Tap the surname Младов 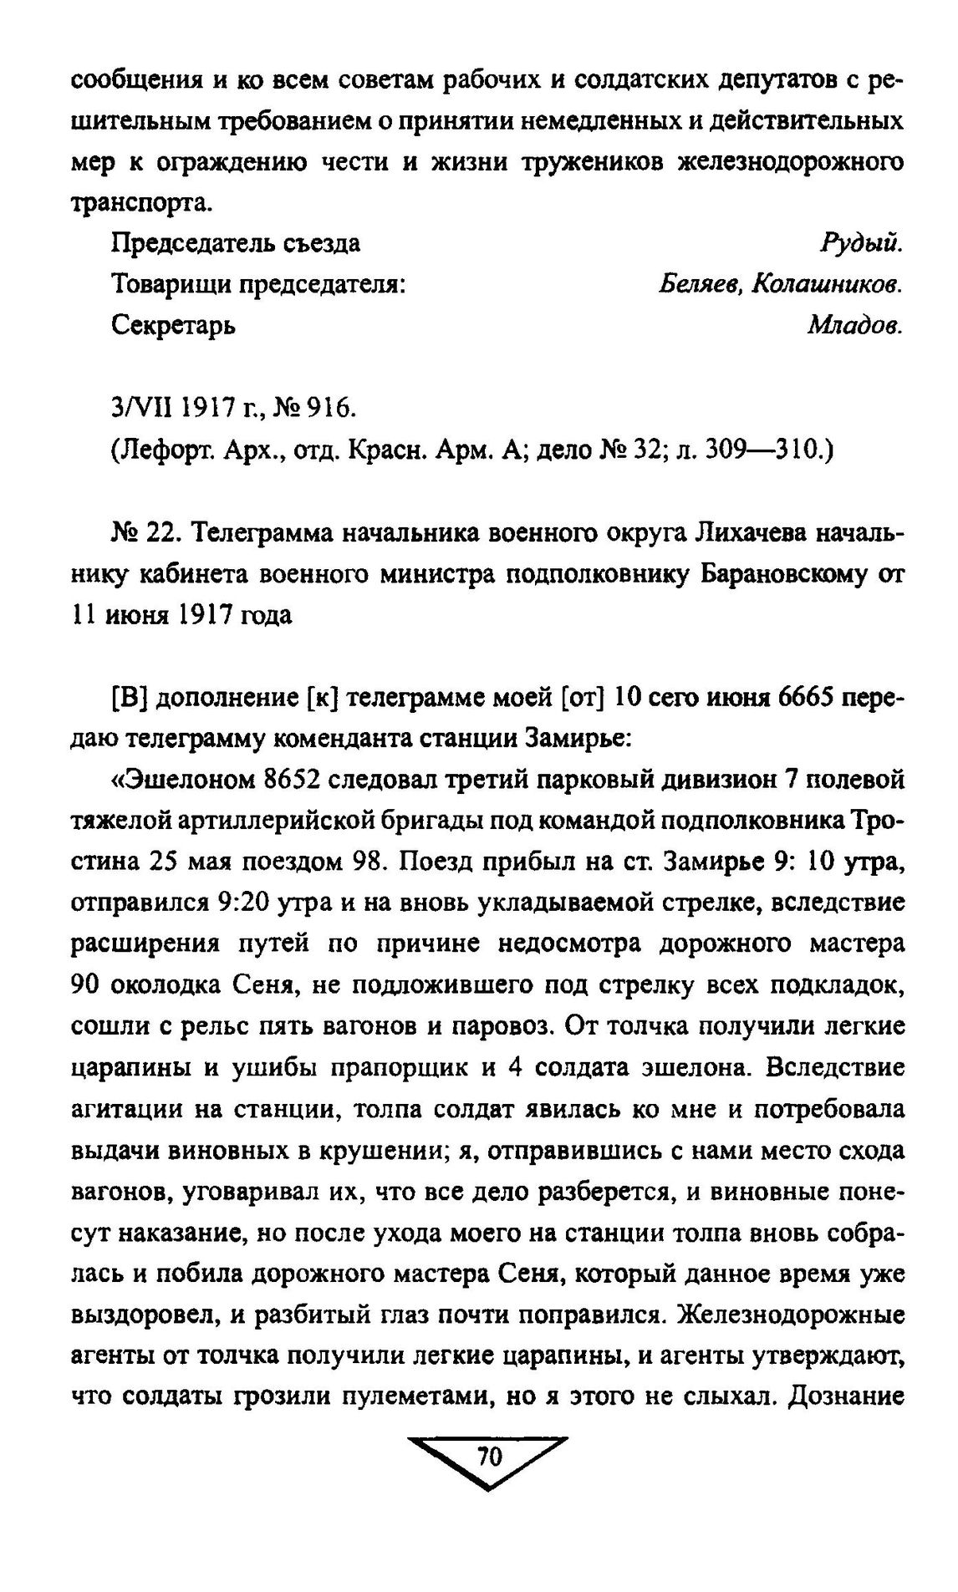pyautogui.click(x=855, y=325)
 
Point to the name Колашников pyautogui.click(x=828, y=284)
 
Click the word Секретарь pyautogui.click(x=173, y=325)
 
